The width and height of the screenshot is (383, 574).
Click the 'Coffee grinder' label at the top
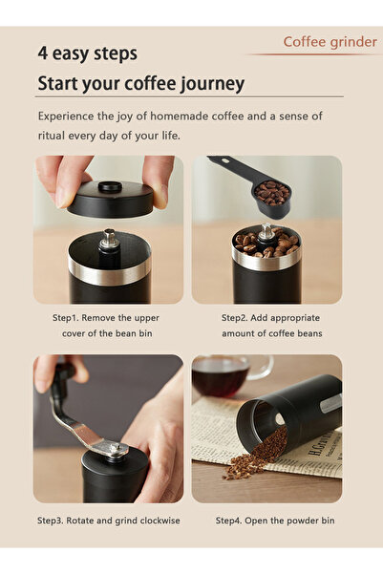point(326,41)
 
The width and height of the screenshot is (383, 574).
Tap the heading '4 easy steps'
point(88,53)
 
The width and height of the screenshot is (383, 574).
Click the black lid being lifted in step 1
point(111,197)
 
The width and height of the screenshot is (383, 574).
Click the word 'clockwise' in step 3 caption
point(158,521)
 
